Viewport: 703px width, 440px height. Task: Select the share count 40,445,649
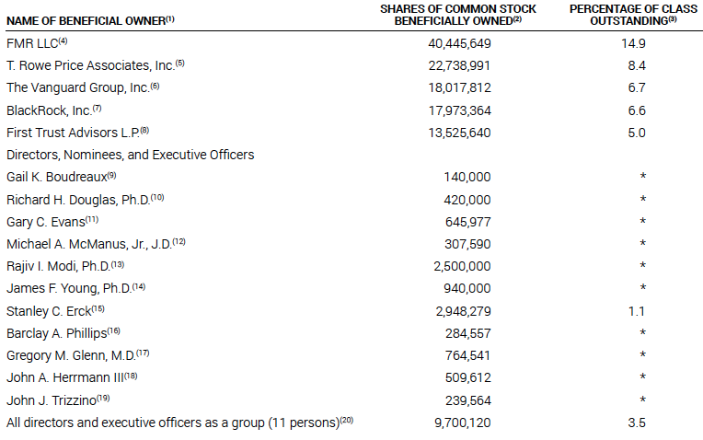click(459, 43)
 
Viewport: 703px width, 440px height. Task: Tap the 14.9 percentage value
click(633, 43)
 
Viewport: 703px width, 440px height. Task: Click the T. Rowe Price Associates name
click(90, 65)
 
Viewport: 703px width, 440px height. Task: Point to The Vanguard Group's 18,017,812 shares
click(459, 88)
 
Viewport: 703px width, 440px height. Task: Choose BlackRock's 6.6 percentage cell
click(637, 110)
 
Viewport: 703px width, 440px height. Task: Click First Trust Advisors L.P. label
click(73, 133)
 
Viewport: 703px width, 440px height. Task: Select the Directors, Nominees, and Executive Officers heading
click(130, 156)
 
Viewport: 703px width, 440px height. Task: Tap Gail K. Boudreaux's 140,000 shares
click(467, 177)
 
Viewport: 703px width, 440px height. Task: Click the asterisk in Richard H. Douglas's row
click(643, 198)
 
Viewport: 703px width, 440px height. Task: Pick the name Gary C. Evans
click(46, 222)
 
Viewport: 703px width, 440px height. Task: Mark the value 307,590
click(467, 244)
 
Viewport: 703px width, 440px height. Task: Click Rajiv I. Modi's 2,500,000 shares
click(462, 266)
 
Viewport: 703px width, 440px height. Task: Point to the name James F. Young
click(69, 288)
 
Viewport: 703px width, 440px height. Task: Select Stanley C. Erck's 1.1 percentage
click(637, 311)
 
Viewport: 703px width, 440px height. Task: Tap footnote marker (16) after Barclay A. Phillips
click(113, 331)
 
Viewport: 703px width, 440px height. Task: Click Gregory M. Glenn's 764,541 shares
click(468, 355)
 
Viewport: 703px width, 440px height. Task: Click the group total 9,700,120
click(463, 423)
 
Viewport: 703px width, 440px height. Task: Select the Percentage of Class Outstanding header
click(633, 15)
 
